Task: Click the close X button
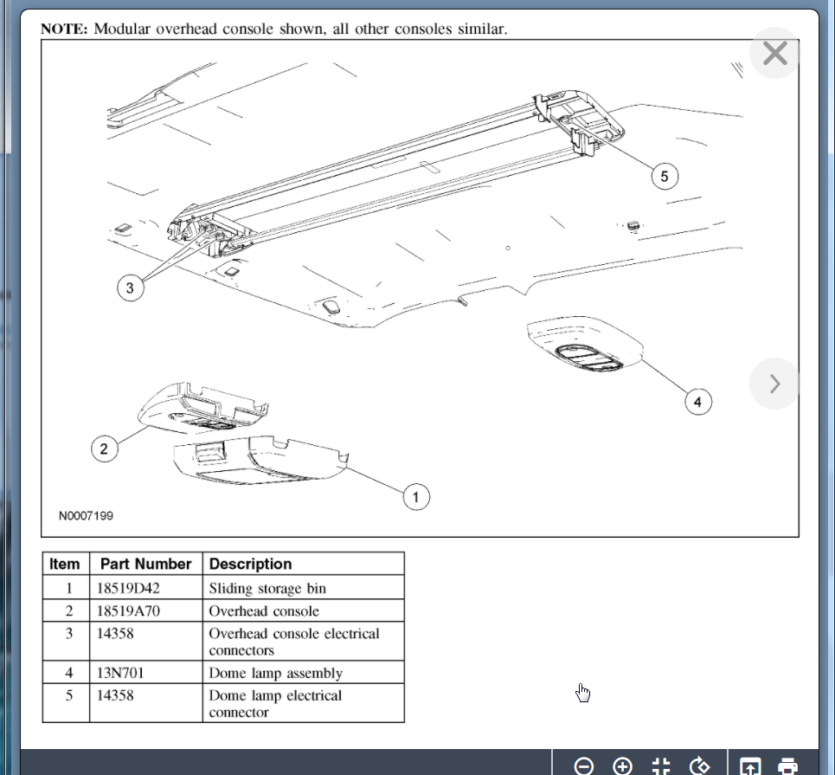coord(774,54)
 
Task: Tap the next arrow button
coord(774,383)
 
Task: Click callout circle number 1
coord(415,496)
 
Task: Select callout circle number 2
coord(104,448)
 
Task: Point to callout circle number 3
coord(130,288)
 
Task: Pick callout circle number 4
coord(697,401)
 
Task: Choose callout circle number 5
coord(664,177)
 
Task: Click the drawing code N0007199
coord(86,516)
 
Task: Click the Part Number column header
coord(145,564)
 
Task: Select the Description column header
coord(251,564)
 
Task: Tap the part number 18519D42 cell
coord(129,588)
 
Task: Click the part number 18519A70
coord(129,610)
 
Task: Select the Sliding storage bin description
coord(267,588)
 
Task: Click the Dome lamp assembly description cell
coord(275,673)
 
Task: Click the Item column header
coord(65,564)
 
